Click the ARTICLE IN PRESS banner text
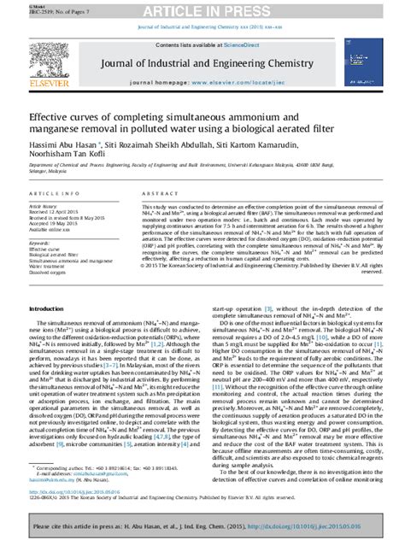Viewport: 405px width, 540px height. [202, 10]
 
